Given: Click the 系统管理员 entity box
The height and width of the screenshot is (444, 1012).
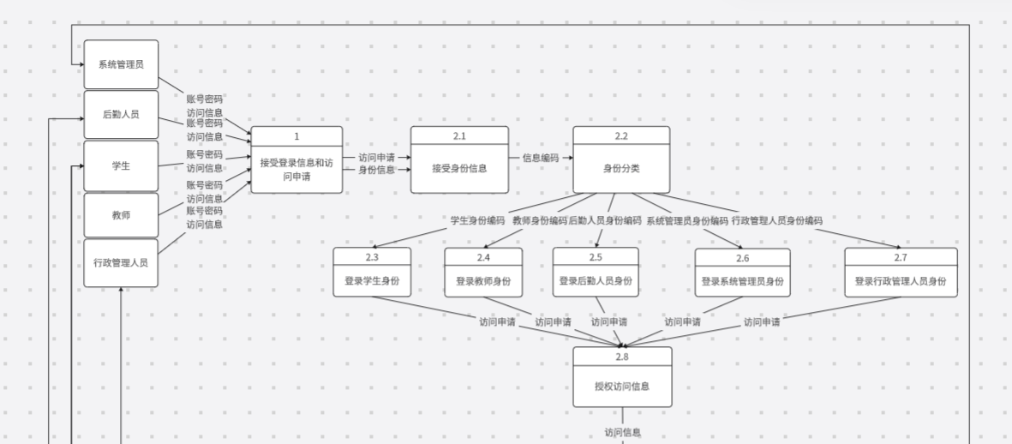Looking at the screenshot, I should [x=121, y=64].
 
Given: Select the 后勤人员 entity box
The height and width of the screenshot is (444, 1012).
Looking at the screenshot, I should [x=121, y=114].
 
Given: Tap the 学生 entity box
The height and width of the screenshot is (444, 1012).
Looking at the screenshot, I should [x=121, y=165].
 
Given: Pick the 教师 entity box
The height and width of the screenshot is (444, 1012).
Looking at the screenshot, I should [x=121, y=215].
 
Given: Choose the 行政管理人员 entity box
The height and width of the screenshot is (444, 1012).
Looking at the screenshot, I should [x=121, y=262].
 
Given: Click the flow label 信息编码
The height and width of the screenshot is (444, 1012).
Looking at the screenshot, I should [x=541, y=158].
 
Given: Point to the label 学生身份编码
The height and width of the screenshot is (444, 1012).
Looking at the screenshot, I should [x=478, y=220].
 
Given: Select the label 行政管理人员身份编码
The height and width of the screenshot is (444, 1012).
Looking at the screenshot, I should [x=777, y=220].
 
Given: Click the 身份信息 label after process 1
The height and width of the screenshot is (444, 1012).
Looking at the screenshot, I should [x=376, y=170].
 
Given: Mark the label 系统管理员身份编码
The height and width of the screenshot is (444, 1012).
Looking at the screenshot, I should [x=687, y=220].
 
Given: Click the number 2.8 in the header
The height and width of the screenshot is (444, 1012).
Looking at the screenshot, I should [x=622, y=356].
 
